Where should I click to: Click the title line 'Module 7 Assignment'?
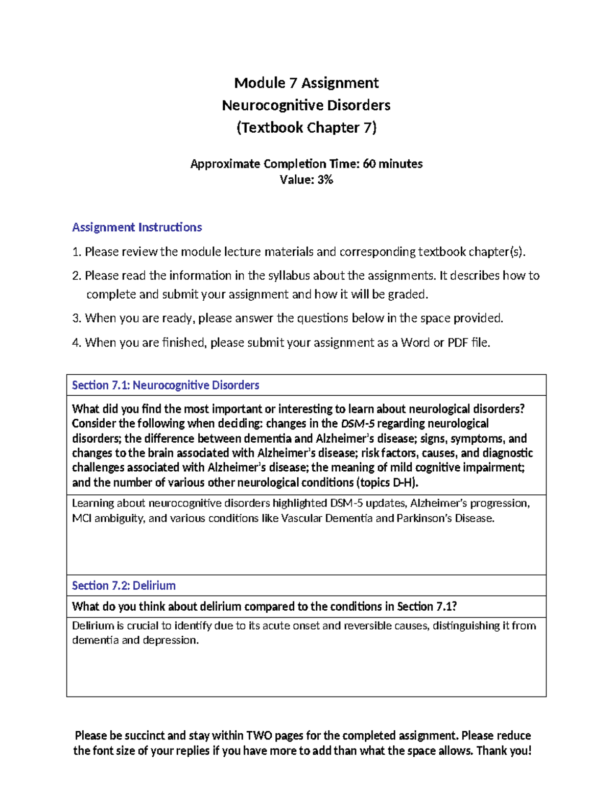(x=306, y=83)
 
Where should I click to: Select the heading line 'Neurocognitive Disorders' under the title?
(x=306, y=105)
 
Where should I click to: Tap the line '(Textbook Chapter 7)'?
(x=306, y=127)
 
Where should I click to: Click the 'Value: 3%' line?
(x=306, y=180)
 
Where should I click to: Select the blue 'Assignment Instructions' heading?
(x=137, y=227)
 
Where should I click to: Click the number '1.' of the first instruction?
(x=77, y=252)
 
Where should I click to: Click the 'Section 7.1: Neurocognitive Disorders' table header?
(x=166, y=386)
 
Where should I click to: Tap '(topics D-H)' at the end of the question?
(x=388, y=483)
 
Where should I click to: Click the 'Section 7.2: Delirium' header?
(x=124, y=586)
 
